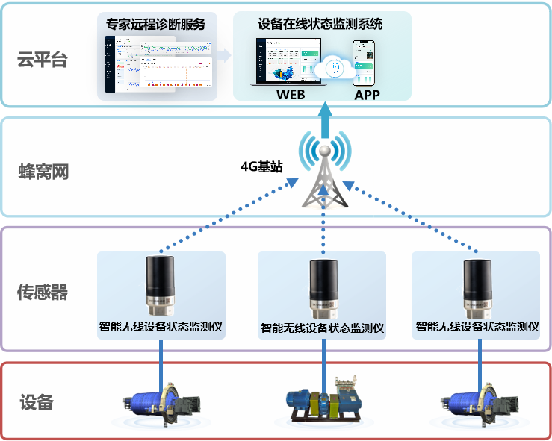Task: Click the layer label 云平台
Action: (43, 60)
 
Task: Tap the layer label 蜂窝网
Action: (43, 171)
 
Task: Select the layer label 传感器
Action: (43, 293)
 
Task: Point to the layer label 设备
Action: (37, 403)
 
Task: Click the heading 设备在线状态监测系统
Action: (319, 24)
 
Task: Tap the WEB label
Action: (291, 95)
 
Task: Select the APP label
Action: (367, 95)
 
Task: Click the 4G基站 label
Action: (261, 166)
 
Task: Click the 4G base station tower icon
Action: (323, 175)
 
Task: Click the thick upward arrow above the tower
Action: (324, 119)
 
